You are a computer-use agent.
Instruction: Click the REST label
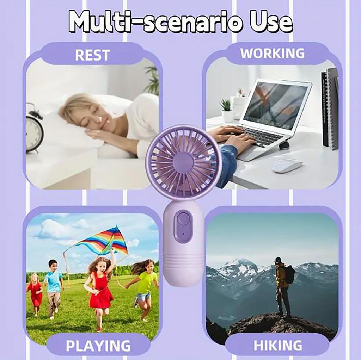click(x=92, y=55)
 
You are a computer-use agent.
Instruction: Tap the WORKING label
click(x=272, y=54)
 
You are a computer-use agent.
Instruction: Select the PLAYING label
click(x=98, y=346)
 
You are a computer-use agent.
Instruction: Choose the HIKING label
click(x=277, y=346)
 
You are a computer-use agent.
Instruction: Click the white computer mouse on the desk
click(x=286, y=165)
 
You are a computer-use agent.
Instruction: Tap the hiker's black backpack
click(x=290, y=274)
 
